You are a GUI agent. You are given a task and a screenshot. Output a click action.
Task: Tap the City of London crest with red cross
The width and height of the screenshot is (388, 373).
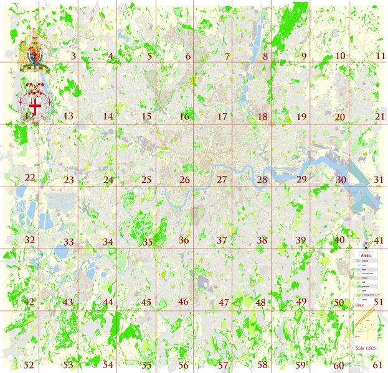click(35, 103)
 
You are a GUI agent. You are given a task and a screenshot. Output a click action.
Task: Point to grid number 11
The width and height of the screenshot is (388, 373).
click(381, 56)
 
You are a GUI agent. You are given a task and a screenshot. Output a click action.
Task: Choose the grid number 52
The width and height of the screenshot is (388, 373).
click(29, 365)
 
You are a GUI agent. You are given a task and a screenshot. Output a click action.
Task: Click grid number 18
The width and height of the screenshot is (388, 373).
click(262, 117)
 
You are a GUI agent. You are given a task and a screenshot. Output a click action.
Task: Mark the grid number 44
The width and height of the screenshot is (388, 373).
click(108, 303)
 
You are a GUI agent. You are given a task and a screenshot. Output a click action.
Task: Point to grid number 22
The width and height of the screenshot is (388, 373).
click(29, 178)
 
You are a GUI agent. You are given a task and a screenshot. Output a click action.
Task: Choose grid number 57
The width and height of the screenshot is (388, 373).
click(222, 365)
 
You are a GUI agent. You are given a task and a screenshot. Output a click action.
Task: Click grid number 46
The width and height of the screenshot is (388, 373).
click(183, 302)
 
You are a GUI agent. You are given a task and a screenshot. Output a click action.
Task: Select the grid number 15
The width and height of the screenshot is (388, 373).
click(146, 117)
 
